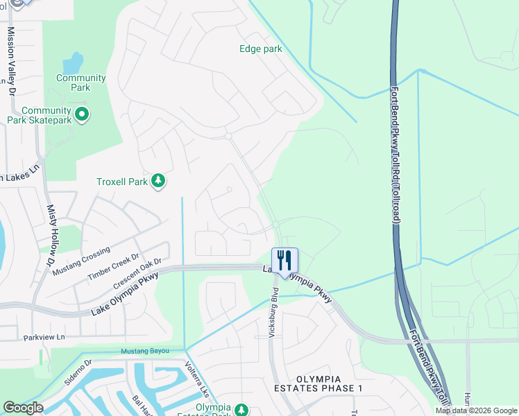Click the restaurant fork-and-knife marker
[x=284, y=261]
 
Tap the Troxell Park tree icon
[x=159, y=181]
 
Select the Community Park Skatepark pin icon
[x=82, y=114]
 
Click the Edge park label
[x=261, y=49]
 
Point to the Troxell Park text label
[x=122, y=182]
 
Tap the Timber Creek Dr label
[x=110, y=267]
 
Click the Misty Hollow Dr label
[x=50, y=235]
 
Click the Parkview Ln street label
[x=44, y=338]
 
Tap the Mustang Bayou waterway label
[x=145, y=352]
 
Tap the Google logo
[x=23, y=408]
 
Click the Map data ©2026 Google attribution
[x=476, y=410]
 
